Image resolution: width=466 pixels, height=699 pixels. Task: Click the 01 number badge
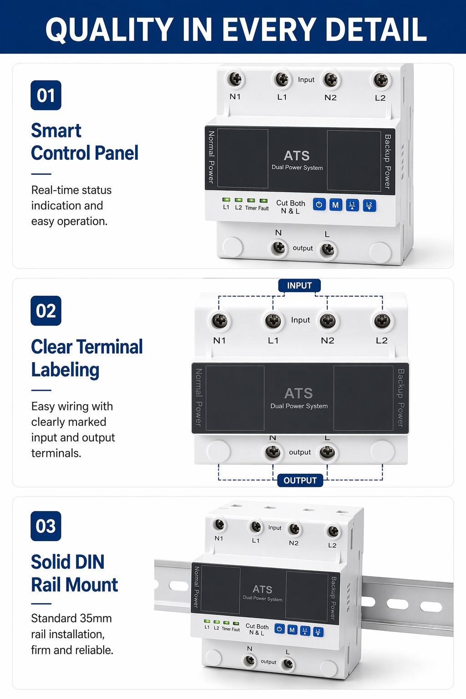pos(46,95)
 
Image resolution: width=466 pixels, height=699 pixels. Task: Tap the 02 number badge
pos(46,311)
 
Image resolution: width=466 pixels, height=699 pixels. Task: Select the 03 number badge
pos(46,526)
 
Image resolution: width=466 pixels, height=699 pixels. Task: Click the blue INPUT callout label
pos(299,285)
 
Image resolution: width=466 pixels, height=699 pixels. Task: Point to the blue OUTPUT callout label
pos(300,480)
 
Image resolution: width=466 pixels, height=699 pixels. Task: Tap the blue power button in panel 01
pos(319,205)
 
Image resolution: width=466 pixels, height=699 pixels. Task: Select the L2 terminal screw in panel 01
pos(381,80)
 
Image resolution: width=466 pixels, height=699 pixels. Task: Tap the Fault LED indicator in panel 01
pos(263,200)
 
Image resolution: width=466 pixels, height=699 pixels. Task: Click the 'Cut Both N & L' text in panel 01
pos(291,207)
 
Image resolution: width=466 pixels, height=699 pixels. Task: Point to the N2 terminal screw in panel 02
pos(327,321)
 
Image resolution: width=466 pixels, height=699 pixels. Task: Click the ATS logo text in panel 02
pos(299,393)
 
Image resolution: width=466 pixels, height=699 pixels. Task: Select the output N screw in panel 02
pos(273,451)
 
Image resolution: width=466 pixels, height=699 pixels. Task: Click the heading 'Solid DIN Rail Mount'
pos(75,573)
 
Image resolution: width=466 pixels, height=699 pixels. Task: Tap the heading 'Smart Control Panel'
pos(85,142)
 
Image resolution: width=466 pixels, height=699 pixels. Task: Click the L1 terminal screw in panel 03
pos(256,527)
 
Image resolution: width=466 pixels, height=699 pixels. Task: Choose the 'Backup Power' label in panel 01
pos(387,162)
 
